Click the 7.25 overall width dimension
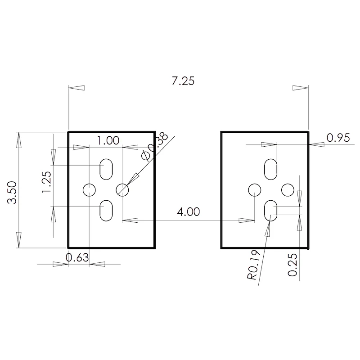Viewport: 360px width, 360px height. point(183,81)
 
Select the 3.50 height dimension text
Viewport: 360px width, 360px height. point(12,193)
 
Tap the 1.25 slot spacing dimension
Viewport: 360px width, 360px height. point(46,182)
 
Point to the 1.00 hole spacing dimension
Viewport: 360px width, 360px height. point(108,140)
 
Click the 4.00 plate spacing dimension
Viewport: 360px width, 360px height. point(188,211)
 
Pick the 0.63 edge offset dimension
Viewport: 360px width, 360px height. point(77,257)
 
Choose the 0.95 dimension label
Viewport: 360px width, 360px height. point(338,138)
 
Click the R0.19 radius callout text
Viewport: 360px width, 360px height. point(253,265)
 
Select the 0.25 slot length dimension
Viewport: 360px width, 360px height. point(292,265)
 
